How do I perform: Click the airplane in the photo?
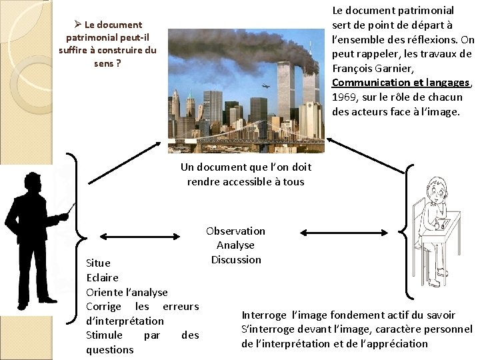tap(267, 85)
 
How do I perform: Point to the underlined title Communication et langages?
tap(401, 83)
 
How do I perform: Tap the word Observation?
tap(235, 231)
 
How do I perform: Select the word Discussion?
tap(235, 259)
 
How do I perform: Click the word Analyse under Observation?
tap(235, 245)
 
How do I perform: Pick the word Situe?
tap(99, 263)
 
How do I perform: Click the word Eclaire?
tap(102, 277)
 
